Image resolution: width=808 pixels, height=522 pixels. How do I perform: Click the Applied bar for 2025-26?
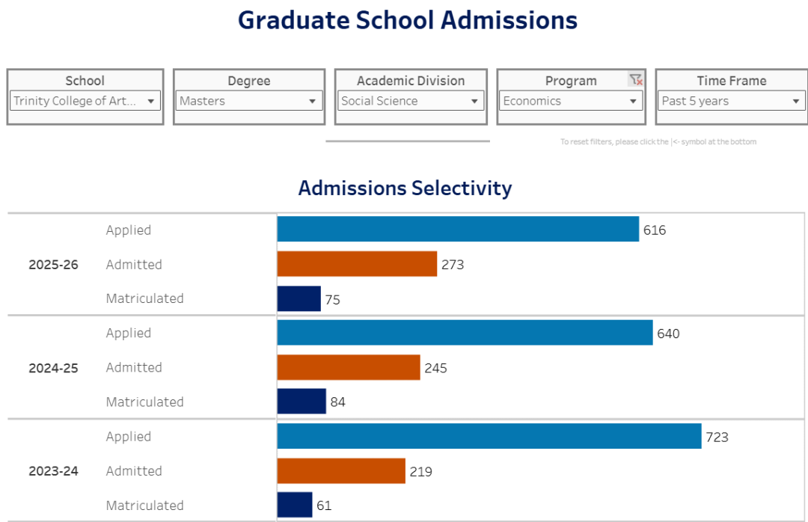coord(458,230)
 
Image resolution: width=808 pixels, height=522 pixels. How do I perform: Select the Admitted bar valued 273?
coord(357,264)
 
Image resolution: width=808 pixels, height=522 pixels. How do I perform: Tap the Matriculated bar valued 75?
coord(299,298)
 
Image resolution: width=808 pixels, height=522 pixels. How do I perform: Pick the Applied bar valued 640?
coord(465,333)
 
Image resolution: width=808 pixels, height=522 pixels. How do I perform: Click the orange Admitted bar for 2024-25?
coord(349,367)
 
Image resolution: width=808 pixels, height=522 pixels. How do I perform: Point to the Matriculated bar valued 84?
coord(302,402)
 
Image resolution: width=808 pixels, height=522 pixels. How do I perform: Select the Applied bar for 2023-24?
coord(489,436)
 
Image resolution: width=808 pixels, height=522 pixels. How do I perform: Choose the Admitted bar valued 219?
coord(341,470)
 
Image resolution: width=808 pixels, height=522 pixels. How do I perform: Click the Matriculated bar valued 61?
coord(295,505)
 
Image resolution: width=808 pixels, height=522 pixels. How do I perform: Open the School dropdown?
coord(85,101)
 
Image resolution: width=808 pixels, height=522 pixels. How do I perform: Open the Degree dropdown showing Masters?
coord(249,101)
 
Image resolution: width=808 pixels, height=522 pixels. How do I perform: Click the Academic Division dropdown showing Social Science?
coord(411,101)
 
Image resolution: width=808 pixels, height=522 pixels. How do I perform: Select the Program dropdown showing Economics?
coord(571,101)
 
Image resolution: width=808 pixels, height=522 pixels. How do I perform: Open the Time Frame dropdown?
coord(731,101)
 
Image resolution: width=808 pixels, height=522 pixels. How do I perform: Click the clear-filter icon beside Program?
coord(636,80)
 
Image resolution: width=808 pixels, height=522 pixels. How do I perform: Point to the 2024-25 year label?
coord(53,368)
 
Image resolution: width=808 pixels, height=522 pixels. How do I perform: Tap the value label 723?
coord(717,437)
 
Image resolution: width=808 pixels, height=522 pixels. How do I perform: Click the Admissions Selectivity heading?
coord(405,188)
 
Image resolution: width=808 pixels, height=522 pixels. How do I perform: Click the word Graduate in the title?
coord(283,20)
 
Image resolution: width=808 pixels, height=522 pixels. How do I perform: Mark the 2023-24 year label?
coord(53,471)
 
